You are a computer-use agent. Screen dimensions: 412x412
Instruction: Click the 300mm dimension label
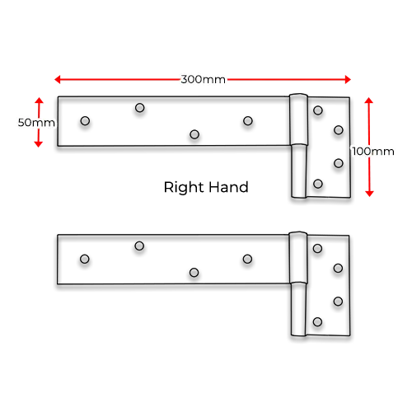coord(204,79)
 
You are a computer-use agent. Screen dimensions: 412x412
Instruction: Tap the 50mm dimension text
coord(36,123)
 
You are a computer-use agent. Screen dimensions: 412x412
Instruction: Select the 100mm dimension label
coord(373,152)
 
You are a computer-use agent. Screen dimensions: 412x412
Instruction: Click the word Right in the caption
coord(185,188)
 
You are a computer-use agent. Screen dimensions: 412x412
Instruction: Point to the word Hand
coord(228,187)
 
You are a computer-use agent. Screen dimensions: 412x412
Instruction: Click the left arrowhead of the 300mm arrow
coord(57,80)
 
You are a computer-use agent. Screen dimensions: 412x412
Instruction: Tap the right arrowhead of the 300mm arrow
coord(348,80)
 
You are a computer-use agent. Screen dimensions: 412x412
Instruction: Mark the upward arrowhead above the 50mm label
coord(39,100)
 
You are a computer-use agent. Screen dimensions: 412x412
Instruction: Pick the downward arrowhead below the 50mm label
coord(39,144)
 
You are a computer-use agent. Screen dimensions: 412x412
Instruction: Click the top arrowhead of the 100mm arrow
coord(369,100)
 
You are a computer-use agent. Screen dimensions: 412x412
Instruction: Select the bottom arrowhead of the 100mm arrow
coord(369,194)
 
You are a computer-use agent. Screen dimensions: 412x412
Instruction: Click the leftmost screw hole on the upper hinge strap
coord(85,121)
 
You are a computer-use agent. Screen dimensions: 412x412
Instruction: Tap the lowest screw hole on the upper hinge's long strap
coord(194,134)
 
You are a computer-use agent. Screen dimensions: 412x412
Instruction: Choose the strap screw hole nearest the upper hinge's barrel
coord(248,121)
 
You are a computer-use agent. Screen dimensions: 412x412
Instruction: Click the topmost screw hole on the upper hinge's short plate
coord(318,110)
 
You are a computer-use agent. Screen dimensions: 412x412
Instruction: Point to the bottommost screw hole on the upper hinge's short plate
coord(318,184)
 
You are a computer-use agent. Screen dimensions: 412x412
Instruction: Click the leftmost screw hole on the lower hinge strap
coord(85,259)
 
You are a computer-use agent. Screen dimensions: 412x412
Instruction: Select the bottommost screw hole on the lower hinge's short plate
coord(317,322)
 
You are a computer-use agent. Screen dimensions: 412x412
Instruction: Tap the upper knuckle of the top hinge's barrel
coord(298,119)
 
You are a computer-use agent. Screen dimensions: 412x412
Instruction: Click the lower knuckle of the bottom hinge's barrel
coord(298,310)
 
